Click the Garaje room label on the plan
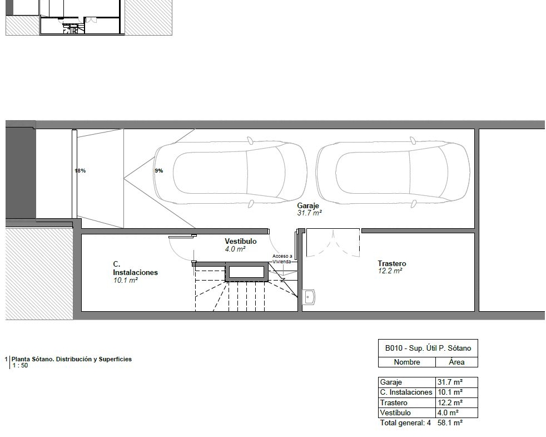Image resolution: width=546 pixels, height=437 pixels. point(308,206)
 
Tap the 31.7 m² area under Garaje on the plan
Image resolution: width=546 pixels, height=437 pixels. point(309,213)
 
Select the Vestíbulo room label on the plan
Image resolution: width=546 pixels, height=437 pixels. point(241,242)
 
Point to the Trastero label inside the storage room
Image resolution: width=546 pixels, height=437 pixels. point(392,264)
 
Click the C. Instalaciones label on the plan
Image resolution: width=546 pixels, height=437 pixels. point(135,268)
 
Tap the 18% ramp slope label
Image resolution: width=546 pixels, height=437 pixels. point(80,170)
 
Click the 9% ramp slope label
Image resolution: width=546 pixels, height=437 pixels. point(159,170)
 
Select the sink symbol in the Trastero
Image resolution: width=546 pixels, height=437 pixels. point(309,297)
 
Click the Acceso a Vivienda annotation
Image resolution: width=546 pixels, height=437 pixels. point(282,259)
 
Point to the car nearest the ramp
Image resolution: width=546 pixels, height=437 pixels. point(230,173)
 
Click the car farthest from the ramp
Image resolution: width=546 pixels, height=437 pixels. point(393,173)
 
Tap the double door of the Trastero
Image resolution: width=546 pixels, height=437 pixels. point(333,243)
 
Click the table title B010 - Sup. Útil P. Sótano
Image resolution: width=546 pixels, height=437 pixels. point(428,348)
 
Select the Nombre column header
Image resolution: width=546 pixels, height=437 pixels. point(406,362)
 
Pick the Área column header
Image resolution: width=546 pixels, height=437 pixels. point(456,362)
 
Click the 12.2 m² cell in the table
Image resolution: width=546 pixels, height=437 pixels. point(450,402)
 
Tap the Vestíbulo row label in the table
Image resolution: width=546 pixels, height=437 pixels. point(395,413)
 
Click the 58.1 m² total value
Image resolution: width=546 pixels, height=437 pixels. point(450,423)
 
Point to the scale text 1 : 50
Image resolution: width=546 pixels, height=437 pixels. point(20,366)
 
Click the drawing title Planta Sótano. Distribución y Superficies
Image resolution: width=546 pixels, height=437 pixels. point(72,359)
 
